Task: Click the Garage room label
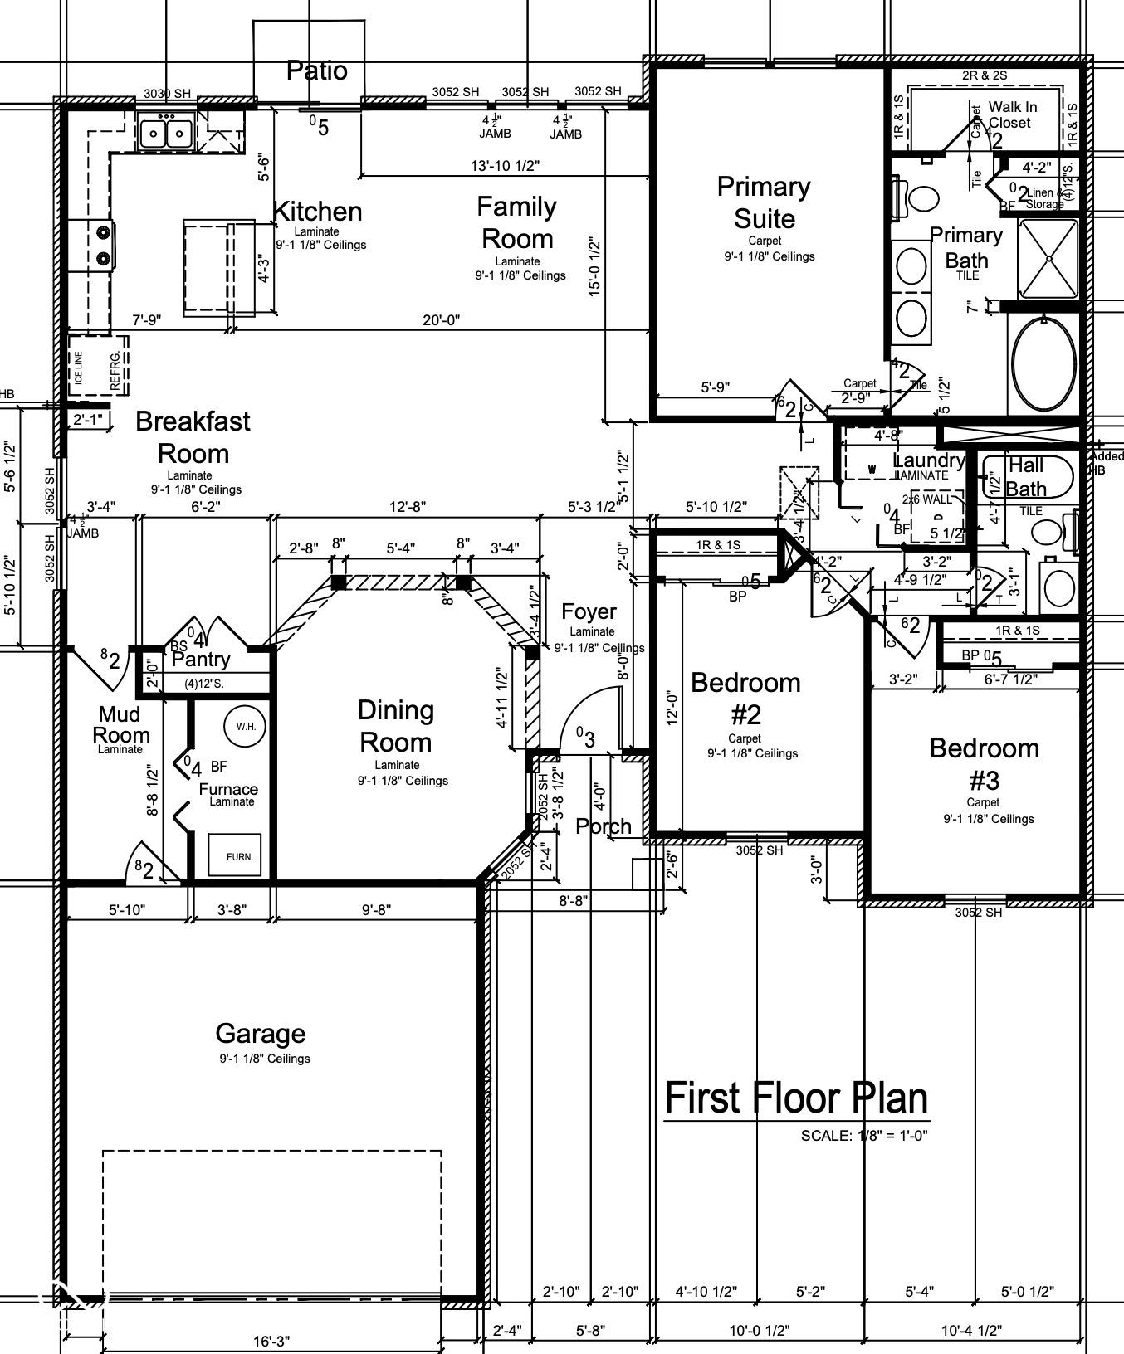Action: point(260,1034)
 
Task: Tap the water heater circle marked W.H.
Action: point(246,726)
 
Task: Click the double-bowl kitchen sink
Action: point(166,133)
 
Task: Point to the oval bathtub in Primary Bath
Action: point(1044,363)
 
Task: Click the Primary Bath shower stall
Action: point(1048,258)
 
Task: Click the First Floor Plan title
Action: point(796,1098)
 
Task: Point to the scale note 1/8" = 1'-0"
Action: point(863,1135)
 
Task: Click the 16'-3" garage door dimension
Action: point(271,1341)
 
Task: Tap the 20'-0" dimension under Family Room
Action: point(441,320)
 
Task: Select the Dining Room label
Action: point(395,726)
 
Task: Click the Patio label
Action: point(316,71)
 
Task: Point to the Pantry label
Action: point(200,660)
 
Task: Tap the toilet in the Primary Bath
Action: point(917,198)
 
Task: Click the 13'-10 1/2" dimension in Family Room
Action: point(505,166)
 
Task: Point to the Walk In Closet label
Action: point(1012,114)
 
